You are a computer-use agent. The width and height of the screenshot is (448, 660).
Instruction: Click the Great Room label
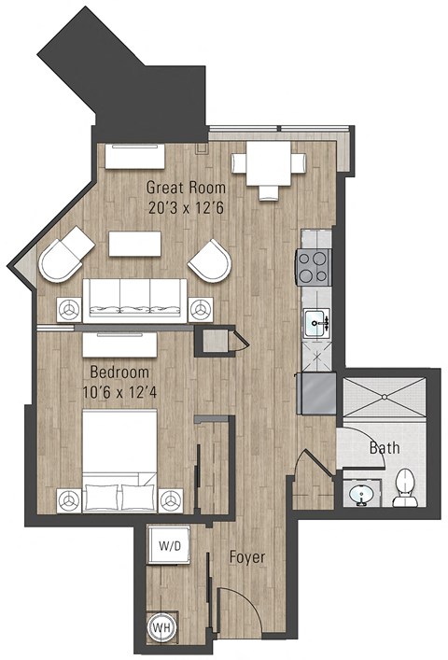[185, 187]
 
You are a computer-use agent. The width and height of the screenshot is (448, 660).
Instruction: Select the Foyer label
[246, 557]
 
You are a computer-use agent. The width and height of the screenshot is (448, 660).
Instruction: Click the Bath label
[384, 448]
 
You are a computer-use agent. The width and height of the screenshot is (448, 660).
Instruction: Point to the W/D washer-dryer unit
[170, 545]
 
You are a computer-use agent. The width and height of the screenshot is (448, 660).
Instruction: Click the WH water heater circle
[161, 628]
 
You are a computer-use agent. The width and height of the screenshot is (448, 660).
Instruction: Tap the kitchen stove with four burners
[314, 267]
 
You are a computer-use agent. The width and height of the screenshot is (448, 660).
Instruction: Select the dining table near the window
[269, 164]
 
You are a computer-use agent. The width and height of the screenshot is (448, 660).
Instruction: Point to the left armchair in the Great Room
[64, 258]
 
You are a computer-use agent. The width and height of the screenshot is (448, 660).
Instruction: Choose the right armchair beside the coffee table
[211, 259]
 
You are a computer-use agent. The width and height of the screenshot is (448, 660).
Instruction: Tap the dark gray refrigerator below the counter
[315, 392]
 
